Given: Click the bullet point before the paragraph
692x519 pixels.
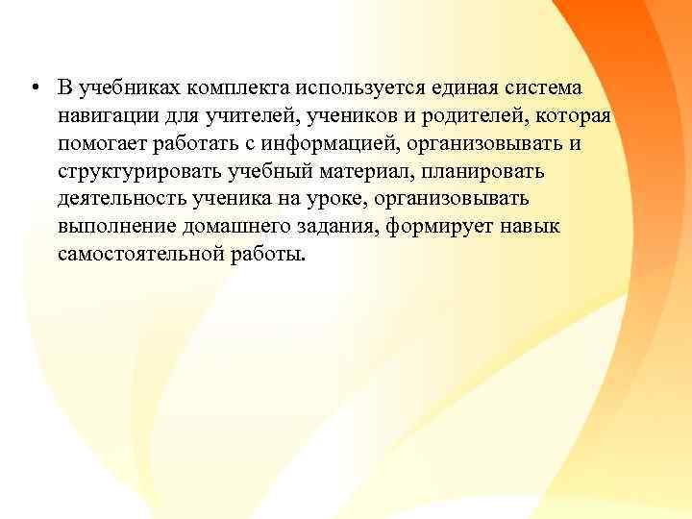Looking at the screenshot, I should point(34,89).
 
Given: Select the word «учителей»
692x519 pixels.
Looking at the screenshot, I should point(242,116).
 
